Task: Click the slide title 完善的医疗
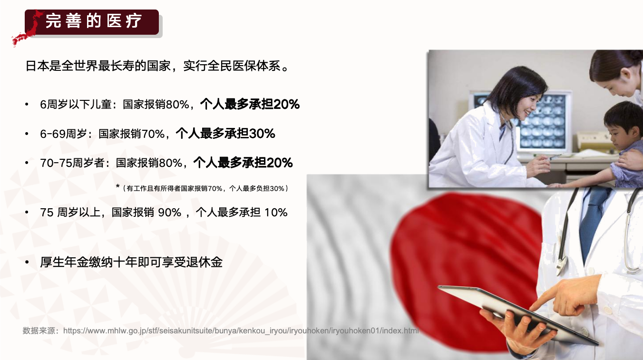[94, 21]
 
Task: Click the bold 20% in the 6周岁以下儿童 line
[286, 104]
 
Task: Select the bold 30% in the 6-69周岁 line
[262, 134]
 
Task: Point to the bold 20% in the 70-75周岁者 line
[280, 163]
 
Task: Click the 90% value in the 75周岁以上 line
[170, 213]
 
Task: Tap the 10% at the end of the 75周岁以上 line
[276, 213]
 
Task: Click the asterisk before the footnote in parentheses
[117, 186]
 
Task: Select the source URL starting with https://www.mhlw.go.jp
[241, 331]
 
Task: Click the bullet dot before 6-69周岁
[27, 134]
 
